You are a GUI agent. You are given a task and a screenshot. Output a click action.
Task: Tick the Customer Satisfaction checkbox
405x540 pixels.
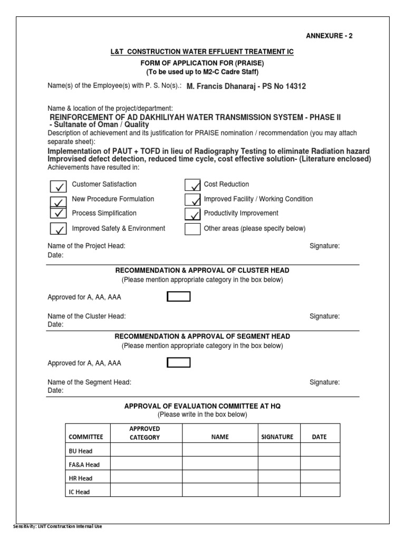pyautogui.click(x=58, y=186)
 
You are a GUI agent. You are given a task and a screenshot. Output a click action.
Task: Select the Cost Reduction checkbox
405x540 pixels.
pyautogui.click(x=192, y=185)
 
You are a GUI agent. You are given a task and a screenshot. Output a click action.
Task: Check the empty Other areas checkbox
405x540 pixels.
pyautogui.click(x=192, y=229)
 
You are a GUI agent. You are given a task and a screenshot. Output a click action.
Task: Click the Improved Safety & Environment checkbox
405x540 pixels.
pyautogui.click(x=58, y=229)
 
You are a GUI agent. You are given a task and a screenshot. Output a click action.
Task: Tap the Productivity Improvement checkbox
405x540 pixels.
pyautogui.click(x=192, y=214)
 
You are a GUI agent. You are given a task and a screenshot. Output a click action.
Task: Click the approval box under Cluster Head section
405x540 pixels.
pyautogui.click(x=179, y=297)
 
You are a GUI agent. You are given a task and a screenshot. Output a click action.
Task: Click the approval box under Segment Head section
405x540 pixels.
pyautogui.click(x=179, y=363)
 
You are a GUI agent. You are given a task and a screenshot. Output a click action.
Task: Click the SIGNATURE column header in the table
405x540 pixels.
pyautogui.click(x=277, y=437)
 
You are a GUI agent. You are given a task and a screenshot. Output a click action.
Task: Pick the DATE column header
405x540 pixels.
pyautogui.click(x=319, y=437)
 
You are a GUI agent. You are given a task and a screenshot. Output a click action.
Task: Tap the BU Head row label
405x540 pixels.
pyautogui.click(x=81, y=451)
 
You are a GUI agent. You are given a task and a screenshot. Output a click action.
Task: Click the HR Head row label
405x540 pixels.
pyautogui.click(x=81, y=478)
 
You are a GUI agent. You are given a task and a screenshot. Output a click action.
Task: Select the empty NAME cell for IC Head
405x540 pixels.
pyautogui.click(x=220, y=491)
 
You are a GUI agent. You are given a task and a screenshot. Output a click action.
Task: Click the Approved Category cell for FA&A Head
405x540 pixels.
pyautogui.click(x=146, y=464)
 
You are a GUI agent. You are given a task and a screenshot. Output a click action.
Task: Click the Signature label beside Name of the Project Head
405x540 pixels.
pyautogui.click(x=324, y=246)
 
